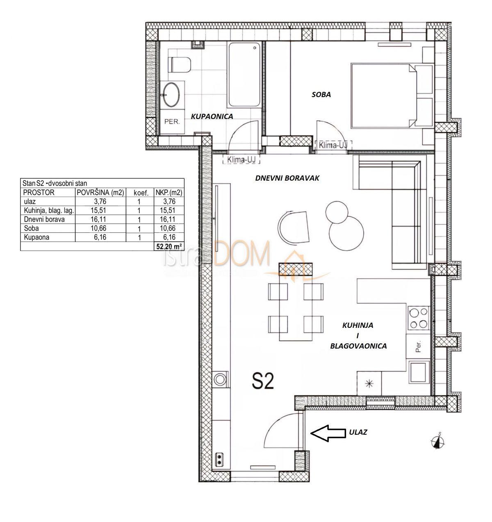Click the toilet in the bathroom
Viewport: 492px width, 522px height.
tap(181, 65)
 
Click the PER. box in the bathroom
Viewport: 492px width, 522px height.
tap(172, 122)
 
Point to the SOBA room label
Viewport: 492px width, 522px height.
tap(321, 95)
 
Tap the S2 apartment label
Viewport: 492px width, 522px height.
tap(262, 382)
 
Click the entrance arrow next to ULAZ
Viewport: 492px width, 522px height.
tap(326, 433)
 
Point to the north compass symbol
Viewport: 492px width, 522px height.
tap(438, 441)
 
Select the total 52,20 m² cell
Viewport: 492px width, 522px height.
tap(169, 246)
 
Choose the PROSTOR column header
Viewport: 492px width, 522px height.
tap(39, 192)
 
